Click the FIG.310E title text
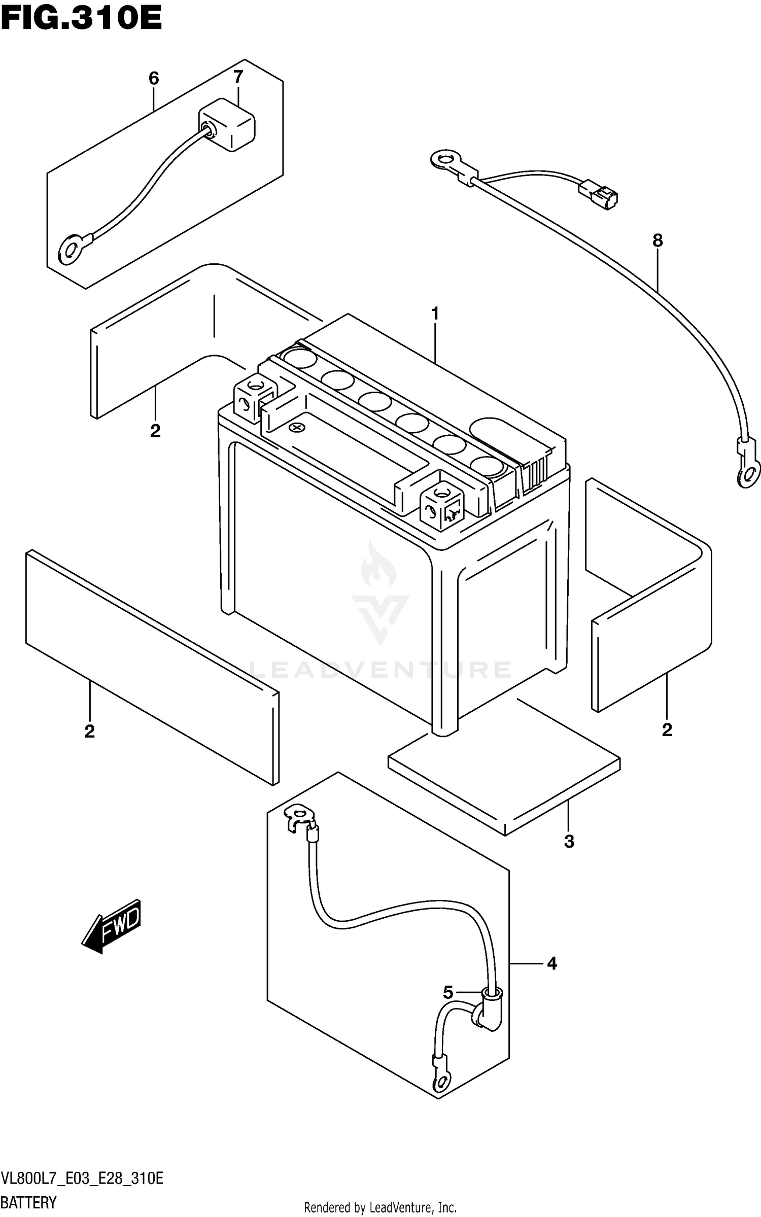(x=81, y=19)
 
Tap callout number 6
(x=154, y=79)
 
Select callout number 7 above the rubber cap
(x=238, y=77)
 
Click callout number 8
(x=657, y=240)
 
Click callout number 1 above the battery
(x=435, y=314)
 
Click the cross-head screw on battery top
(x=296, y=428)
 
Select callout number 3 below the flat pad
(x=569, y=841)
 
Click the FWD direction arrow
(x=112, y=924)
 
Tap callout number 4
(x=552, y=963)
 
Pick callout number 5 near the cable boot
(x=447, y=992)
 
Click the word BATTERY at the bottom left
(x=28, y=1202)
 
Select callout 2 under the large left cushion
(x=89, y=732)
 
